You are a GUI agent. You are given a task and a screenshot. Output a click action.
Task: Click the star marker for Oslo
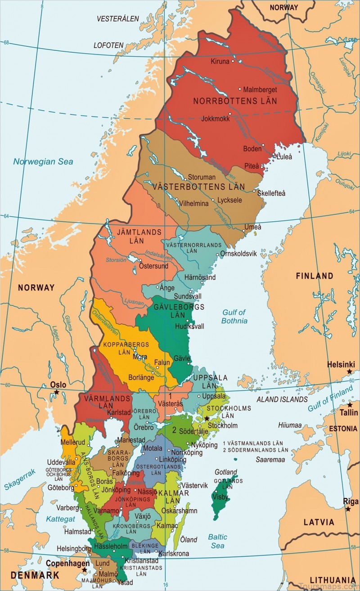[57, 392]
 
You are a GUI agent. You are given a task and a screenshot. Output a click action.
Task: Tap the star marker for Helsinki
[349, 372]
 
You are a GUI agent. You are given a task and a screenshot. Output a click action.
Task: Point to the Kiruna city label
[220, 61]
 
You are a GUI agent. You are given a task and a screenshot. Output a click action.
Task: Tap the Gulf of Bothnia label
[234, 317]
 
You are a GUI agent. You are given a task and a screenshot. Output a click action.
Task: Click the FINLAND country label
[315, 276]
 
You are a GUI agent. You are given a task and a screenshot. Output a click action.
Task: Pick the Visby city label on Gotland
[220, 497]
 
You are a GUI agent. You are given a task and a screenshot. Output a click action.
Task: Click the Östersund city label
[153, 266]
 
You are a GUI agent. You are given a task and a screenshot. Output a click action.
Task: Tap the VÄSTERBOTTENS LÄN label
[199, 186]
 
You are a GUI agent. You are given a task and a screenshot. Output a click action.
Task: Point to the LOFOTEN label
[108, 45]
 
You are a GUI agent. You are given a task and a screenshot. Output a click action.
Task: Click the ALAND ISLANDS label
[282, 399]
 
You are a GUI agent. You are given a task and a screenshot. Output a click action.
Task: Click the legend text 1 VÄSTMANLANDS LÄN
[255, 443]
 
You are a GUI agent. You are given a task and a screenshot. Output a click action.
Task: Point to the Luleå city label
[284, 157]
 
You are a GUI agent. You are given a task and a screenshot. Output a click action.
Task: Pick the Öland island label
[189, 539]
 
